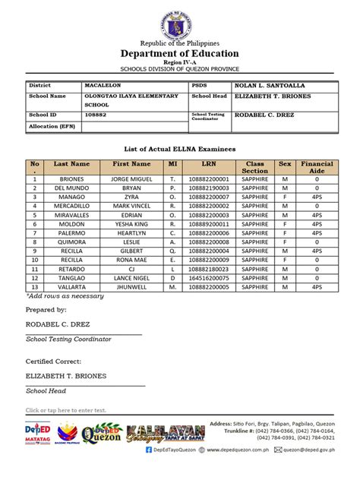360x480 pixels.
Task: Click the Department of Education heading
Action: (180, 53)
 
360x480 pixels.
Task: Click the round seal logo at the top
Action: (181, 20)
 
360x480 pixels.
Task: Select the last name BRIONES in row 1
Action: (71, 179)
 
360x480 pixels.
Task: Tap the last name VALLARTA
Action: (71, 288)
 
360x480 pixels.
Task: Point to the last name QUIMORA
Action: (71, 242)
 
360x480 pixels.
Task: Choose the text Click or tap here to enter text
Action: (65, 410)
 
